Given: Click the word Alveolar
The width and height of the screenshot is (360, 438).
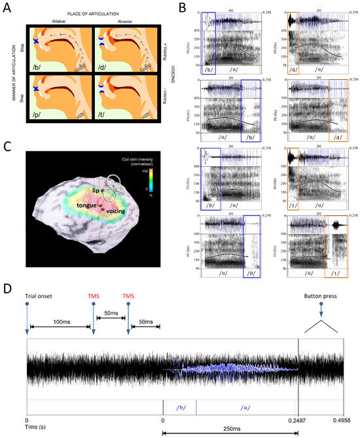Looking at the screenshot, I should click(122, 21).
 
